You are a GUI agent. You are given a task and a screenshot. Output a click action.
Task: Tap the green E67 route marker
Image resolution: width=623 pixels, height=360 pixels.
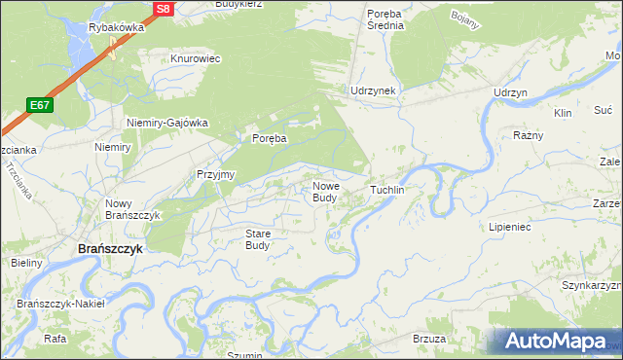[x=39, y=105]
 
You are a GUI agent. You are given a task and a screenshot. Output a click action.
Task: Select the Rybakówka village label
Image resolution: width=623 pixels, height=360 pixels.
[x=116, y=28]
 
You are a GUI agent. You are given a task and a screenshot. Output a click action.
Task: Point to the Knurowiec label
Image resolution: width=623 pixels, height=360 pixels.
[x=196, y=58]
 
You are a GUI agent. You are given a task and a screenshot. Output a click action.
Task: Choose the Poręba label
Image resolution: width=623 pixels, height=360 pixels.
[x=270, y=139]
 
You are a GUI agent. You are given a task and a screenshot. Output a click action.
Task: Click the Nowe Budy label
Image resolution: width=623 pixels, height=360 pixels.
[x=325, y=192]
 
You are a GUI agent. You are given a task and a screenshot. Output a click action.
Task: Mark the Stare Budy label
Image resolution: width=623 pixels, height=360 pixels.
[x=257, y=239]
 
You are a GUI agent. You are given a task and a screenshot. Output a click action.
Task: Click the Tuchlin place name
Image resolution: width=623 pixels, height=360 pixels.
[x=386, y=190]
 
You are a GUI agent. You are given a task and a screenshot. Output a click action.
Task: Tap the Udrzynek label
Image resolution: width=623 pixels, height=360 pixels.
[x=373, y=90]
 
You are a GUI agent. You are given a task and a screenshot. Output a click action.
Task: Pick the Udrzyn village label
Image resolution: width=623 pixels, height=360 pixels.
[x=510, y=91]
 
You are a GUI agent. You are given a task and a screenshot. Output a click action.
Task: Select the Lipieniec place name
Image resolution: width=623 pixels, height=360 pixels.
[x=509, y=226]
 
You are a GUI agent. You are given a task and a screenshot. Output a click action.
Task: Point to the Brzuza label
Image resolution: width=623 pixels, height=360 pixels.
[x=429, y=338]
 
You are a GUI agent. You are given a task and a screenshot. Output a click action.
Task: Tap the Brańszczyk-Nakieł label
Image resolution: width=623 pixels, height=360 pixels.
[x=60, y=304]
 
